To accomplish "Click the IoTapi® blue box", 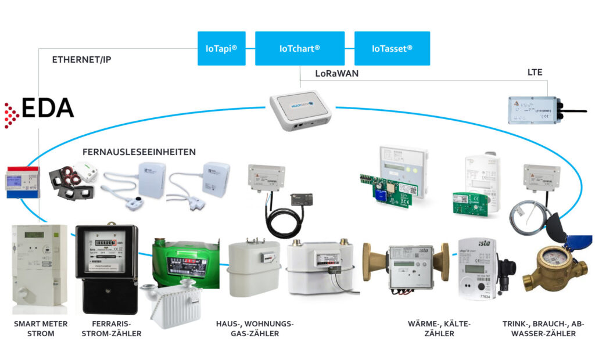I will [221, 48].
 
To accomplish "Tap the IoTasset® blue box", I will [392, 48].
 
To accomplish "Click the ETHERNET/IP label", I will [81, 60].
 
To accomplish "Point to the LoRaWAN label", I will [337, 74].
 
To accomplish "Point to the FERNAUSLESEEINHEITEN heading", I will [139, 152].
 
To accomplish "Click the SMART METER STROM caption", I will [40, 329].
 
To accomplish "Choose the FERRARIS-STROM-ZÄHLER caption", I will [116, 329].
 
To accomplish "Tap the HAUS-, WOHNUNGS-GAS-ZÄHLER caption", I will [255, 329].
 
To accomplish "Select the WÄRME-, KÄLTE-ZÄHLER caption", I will [439, 329].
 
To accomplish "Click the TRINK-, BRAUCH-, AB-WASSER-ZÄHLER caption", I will [543, 329].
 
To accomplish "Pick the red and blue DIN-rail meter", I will [21, 182].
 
